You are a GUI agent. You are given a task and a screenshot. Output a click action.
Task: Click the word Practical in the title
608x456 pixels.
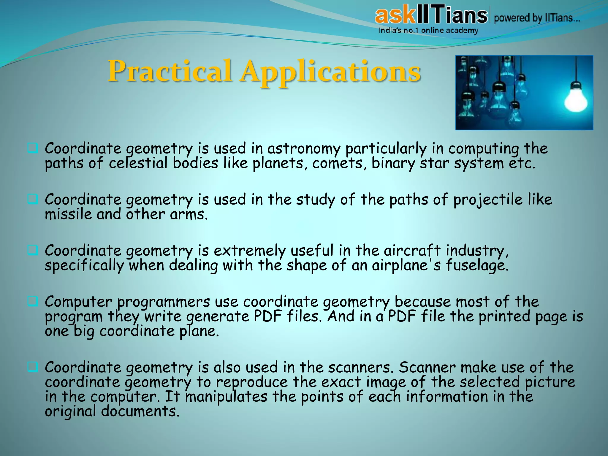tap(169, 71)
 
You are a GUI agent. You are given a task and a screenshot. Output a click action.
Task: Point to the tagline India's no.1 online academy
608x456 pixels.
tap(428, 31)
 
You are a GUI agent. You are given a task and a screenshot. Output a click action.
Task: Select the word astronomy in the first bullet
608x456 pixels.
tap(303, 148)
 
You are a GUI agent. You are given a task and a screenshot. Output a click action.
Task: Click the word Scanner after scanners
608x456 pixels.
tap(427, 368)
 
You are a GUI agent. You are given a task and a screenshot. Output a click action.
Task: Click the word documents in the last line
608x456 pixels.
tap(140, 412)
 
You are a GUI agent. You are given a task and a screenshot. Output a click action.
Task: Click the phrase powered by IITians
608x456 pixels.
tap(537, 18)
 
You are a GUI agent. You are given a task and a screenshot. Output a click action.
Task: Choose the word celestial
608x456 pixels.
tap(138, 164)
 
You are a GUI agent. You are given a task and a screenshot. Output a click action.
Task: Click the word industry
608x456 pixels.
tap(477, 251)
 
